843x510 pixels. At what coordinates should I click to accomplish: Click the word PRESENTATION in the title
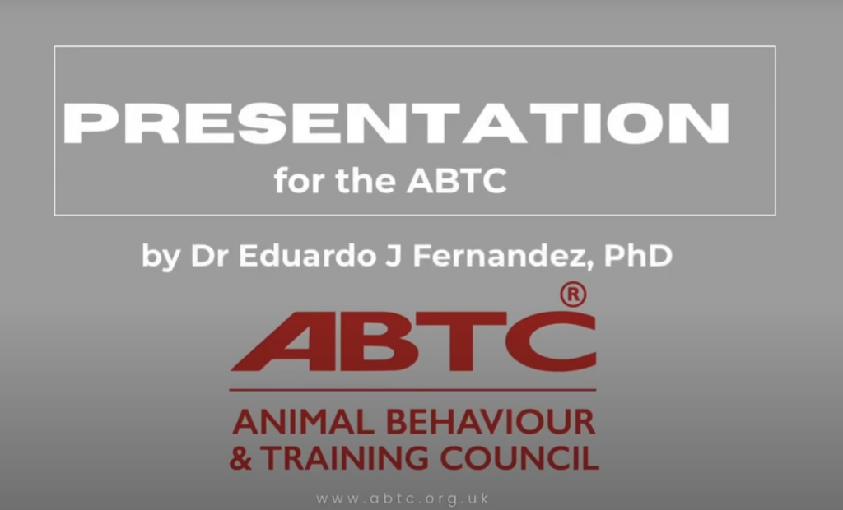point(396,123)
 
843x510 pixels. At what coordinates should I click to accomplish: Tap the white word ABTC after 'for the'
point(456,181)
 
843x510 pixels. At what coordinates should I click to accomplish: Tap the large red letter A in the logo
point(280,341)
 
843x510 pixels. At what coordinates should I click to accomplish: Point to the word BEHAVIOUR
point(491,422)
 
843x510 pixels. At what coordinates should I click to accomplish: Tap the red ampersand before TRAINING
point(240,457)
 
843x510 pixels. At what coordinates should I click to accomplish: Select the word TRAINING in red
point(345,457)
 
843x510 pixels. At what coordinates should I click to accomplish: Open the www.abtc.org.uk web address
point(403,498)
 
